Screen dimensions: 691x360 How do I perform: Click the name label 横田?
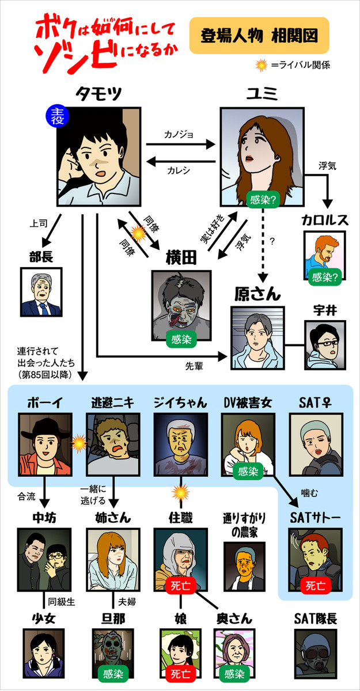point(181,258)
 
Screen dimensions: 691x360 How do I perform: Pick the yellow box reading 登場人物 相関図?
point(259,35)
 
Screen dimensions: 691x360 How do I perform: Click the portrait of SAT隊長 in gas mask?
point(315,654)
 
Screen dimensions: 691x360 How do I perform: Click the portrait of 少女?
point(44,654)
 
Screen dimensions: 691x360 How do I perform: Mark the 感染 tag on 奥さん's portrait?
point(234,673)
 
